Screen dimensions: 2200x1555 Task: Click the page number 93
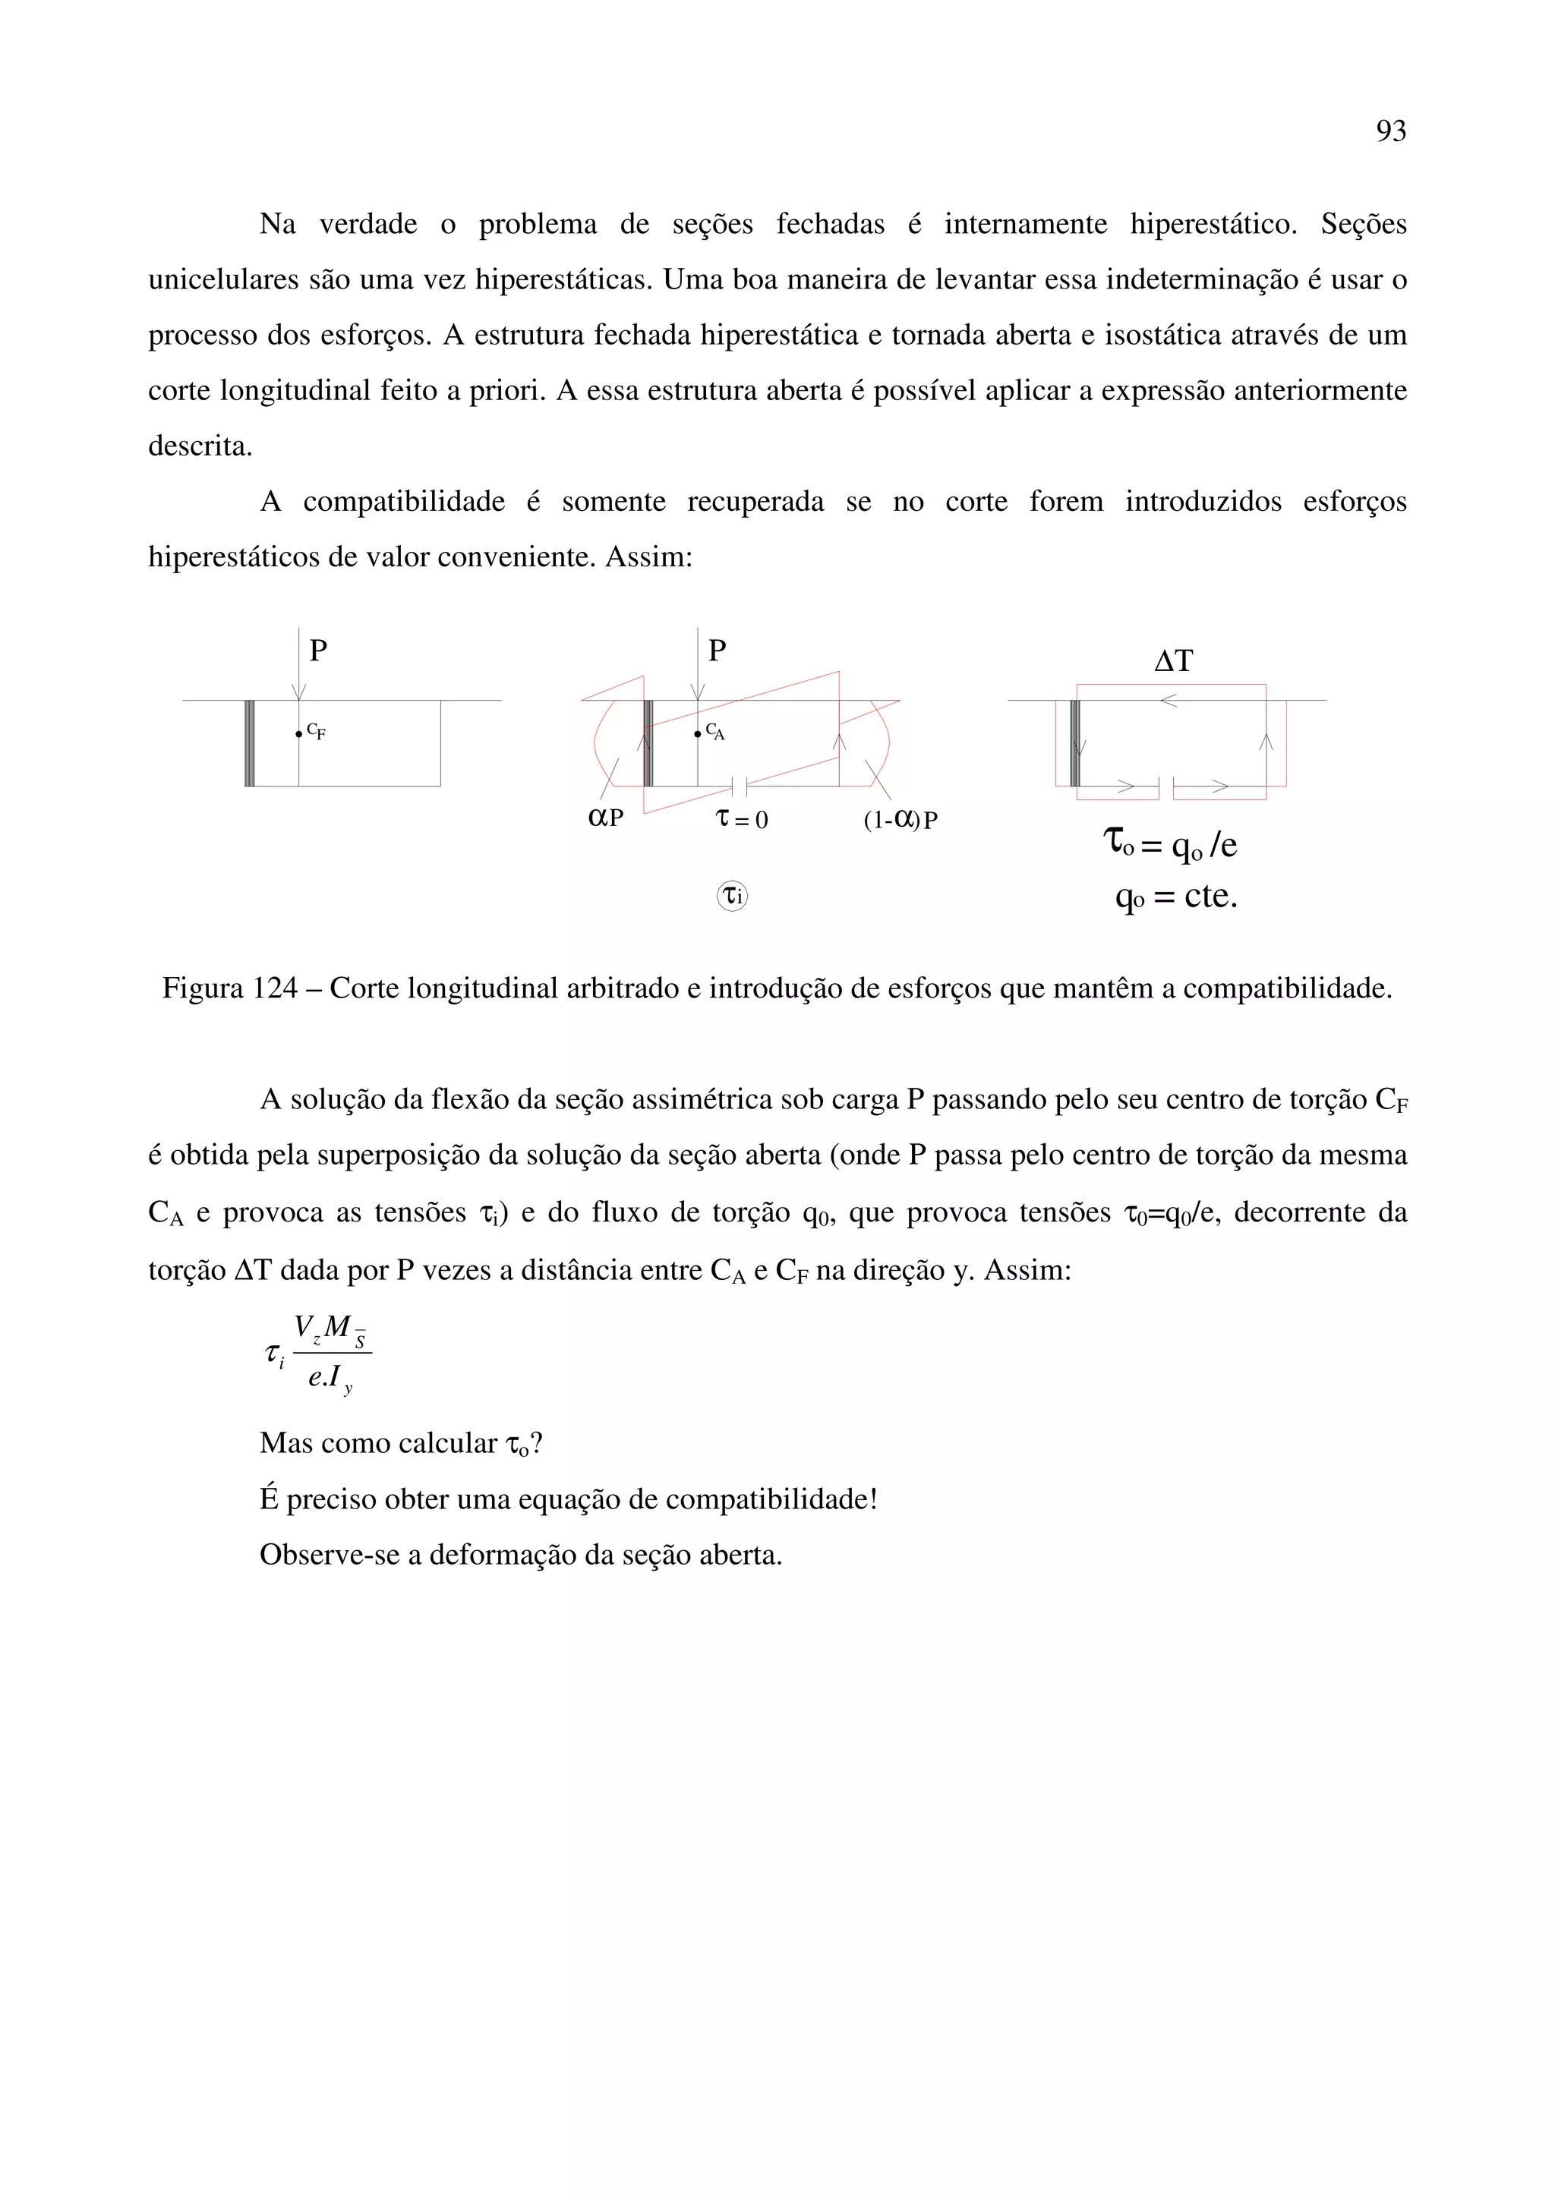(x=1390, y=131)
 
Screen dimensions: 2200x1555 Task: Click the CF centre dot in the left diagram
(x=299, y=734)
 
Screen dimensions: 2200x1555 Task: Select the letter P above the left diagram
(x=318, y=651)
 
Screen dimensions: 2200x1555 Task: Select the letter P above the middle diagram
(x=717, y=651)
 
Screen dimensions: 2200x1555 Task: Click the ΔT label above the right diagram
(x=1173, y=661)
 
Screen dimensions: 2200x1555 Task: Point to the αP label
(x=604, y=818)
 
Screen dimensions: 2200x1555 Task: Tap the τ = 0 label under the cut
(x=742, y=819)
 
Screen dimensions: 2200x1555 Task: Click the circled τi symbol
(x=733, y=896)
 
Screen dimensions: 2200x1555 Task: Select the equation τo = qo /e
(x=1170, y=844)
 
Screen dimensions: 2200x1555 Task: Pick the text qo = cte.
(x=1177, y=897)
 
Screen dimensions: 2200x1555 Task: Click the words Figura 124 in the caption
(x=230, y=988)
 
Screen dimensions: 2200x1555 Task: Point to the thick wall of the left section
(x=249, y=743)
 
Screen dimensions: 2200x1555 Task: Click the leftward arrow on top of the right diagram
(x=1167, y=701)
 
